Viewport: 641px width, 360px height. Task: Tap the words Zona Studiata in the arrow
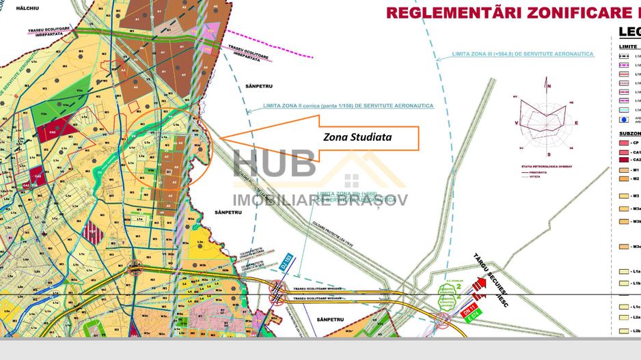(x=357, y=137)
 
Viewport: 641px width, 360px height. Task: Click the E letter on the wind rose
(x=575, y=123)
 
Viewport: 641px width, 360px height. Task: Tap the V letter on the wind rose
(x=517, y=123)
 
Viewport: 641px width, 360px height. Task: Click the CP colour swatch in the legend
(x=623, y=143)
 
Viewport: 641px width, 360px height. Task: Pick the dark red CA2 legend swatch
(x=623, y=159)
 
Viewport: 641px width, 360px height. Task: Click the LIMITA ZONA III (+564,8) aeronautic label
(x=523, y=53)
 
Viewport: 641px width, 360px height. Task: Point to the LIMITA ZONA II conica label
(x=349, y=106)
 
